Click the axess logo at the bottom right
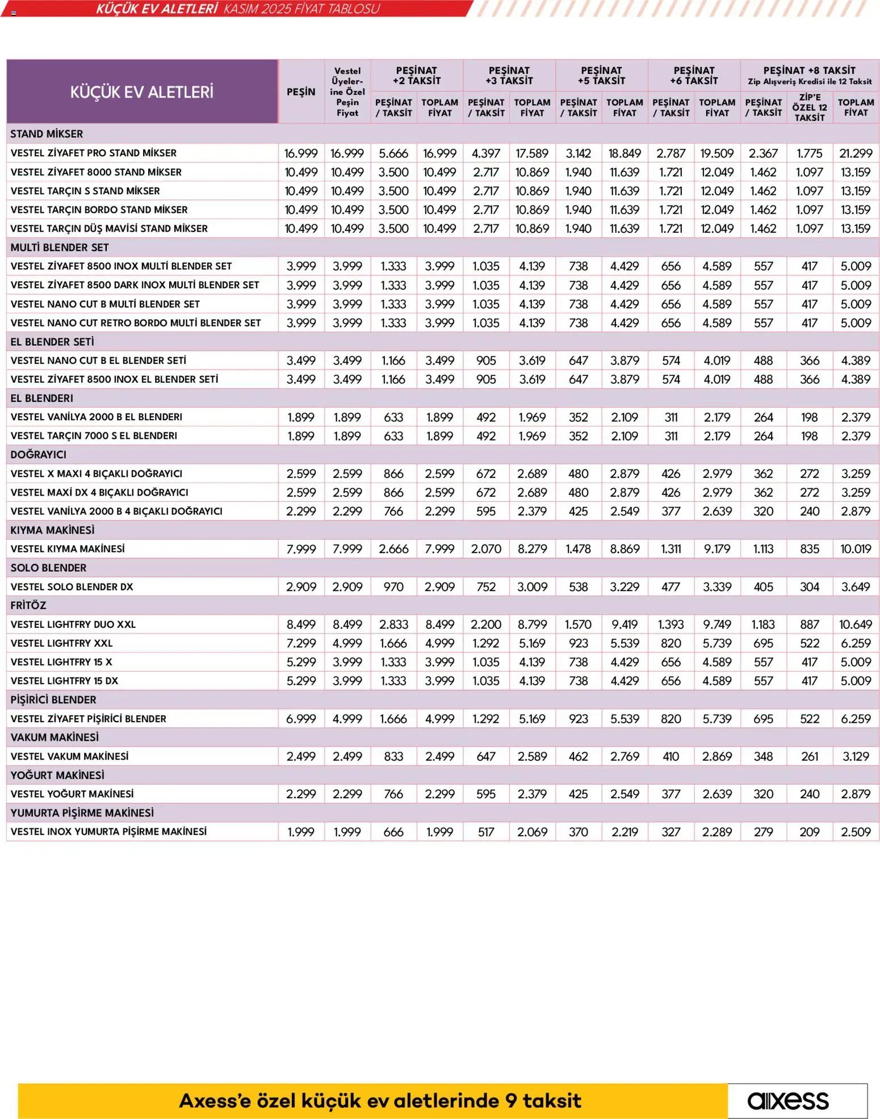coord(788,1100)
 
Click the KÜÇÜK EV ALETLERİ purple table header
coord(142,92)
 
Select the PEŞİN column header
coord(301,92)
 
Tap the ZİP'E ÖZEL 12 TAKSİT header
coord(809,107)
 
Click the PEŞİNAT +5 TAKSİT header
coord(601,76)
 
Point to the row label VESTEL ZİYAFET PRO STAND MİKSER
coord(94,153)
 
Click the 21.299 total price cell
coord(856,153)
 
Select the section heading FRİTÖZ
coord(28,605)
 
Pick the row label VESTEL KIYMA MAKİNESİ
coord(68,549)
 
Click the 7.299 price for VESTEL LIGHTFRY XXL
coord(301,643)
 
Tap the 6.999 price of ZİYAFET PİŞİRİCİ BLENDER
coord(301,719)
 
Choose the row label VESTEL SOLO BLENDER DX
coord(72,587)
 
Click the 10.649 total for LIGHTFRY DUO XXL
coord(856,625)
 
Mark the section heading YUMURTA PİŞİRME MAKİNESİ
coord(82,813)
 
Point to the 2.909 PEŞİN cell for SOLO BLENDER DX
coord(301,587)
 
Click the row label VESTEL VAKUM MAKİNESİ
coord(70,756)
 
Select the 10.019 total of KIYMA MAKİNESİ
coord(856,549)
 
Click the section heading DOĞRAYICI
coord(39,455)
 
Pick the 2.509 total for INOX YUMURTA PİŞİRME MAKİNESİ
coord(856,832)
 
